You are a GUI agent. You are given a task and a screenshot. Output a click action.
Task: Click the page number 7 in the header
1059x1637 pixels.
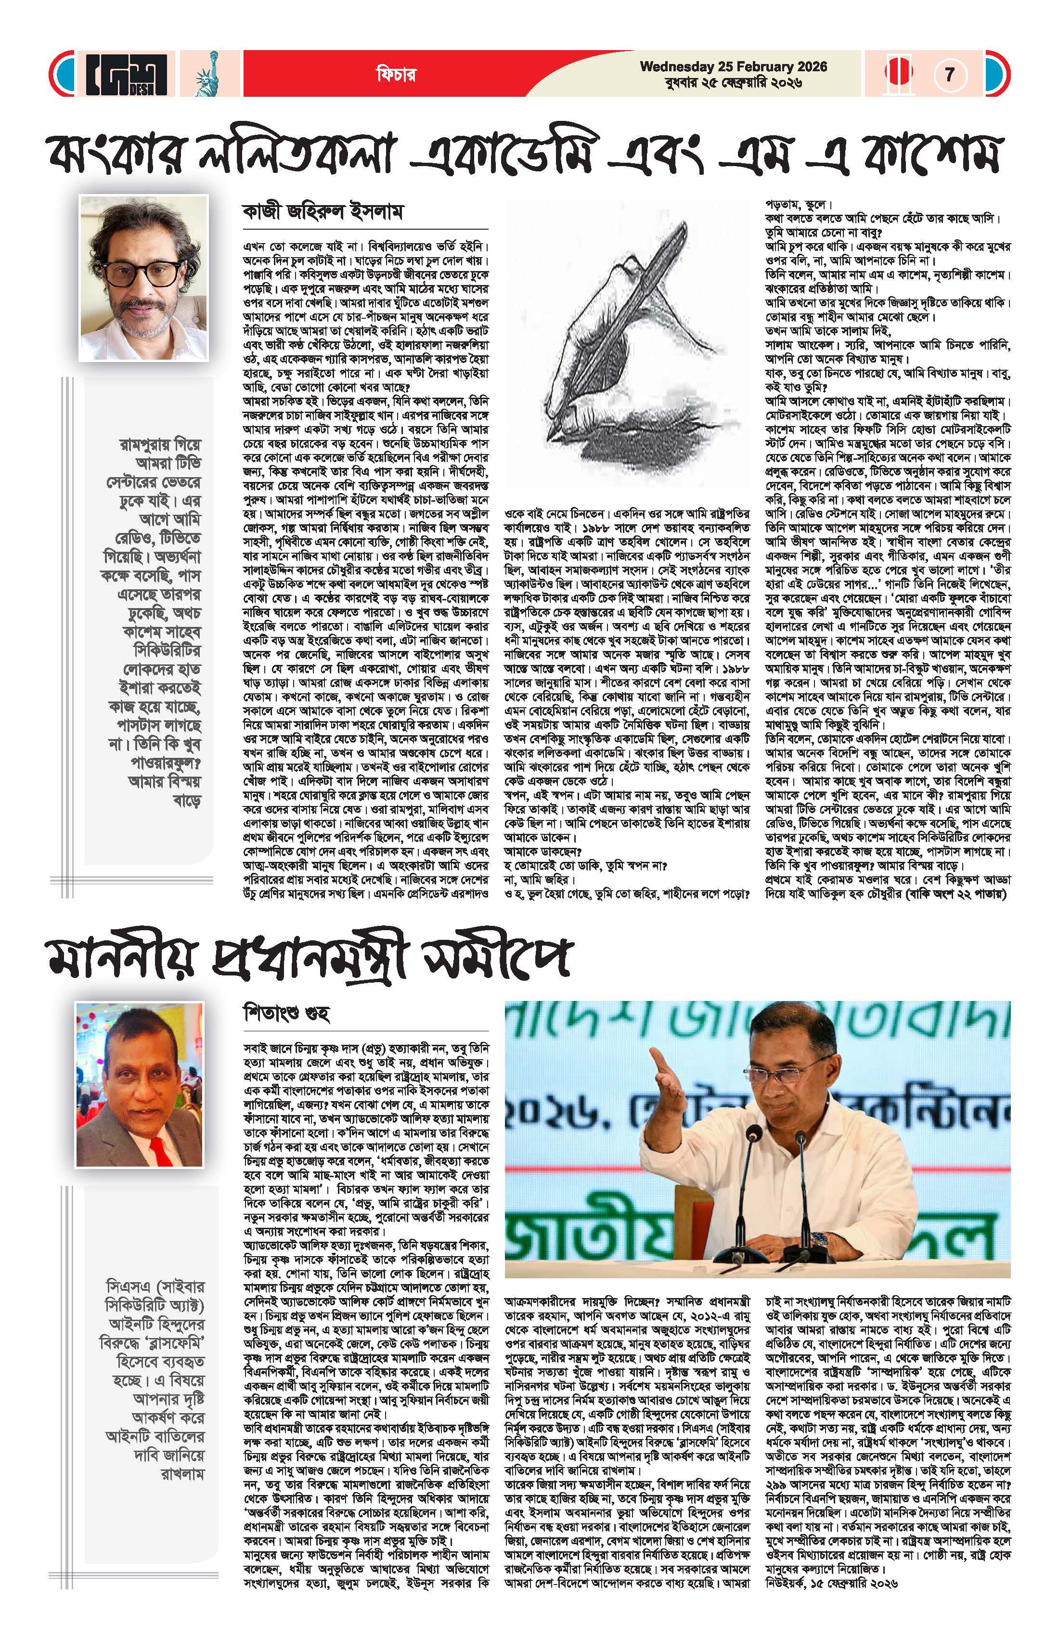pyautogui.click(x=950, y=74)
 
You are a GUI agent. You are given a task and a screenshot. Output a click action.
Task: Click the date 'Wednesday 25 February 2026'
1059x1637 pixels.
pyautogui.click(x=734, y=67)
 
